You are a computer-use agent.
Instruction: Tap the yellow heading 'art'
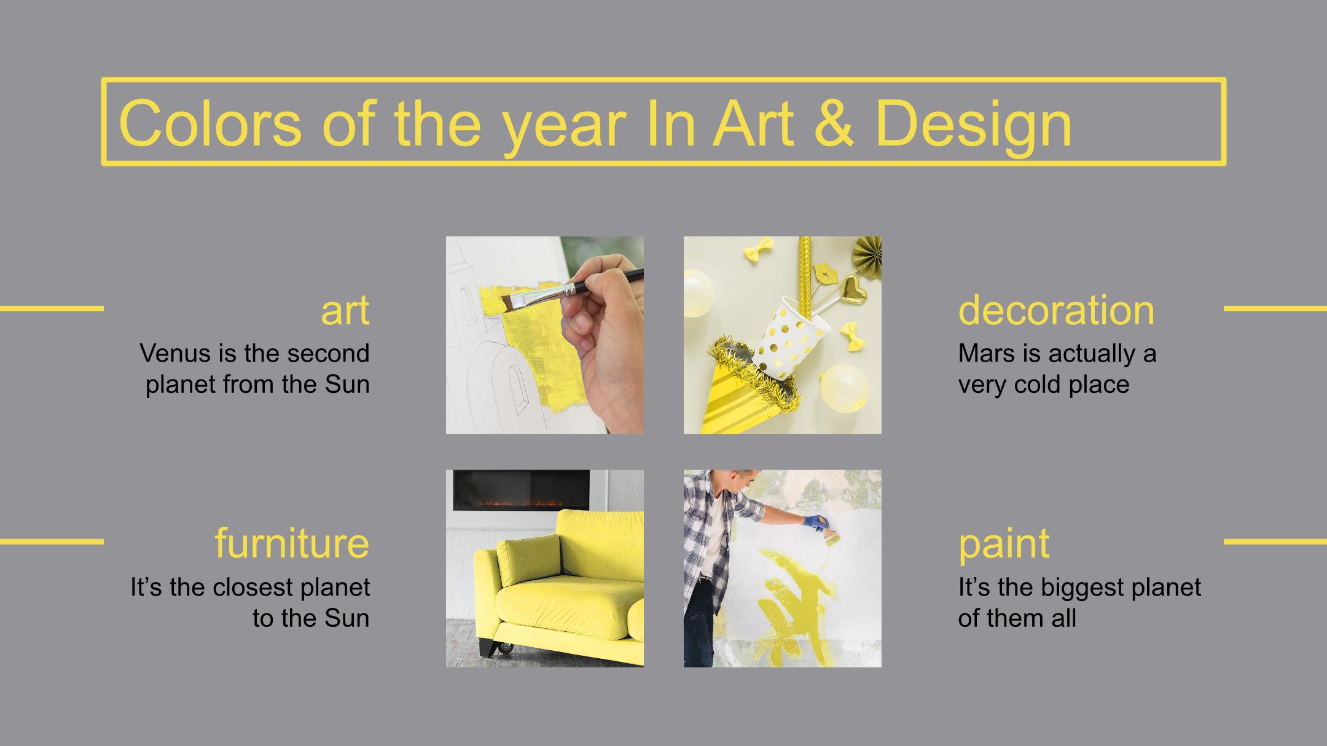(x=345, y=311)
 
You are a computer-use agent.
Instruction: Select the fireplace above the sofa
(x=521, y=490)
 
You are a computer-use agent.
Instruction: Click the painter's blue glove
(x=816, y=523)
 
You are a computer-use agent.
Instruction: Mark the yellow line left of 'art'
(x=52, y=308)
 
